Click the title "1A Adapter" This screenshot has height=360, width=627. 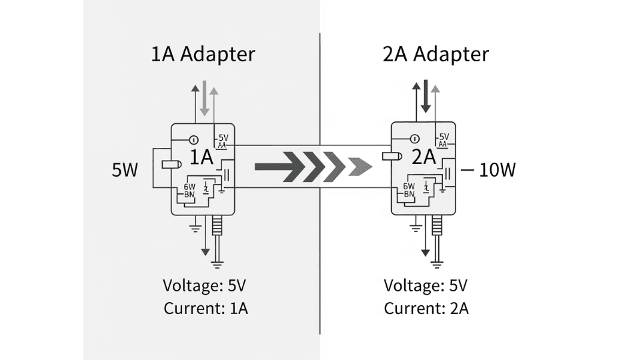[203, 54]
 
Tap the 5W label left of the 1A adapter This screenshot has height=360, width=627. [125, 171]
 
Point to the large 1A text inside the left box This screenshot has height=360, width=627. [201, 158]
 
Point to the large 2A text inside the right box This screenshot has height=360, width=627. [423, 158]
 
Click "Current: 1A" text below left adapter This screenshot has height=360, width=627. [205, 309]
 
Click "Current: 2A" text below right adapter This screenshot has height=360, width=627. [426, 309]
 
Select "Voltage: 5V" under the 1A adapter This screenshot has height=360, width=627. [205, 286]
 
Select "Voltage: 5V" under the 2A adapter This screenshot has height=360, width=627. [426, 286]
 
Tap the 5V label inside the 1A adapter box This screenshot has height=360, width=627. [223, 138]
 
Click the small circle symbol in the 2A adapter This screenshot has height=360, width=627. [414, 139]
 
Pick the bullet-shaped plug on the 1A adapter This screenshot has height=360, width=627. [171, 165]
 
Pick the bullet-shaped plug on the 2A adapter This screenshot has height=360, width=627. [390, 157]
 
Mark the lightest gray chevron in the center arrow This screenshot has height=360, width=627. [358, 167]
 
